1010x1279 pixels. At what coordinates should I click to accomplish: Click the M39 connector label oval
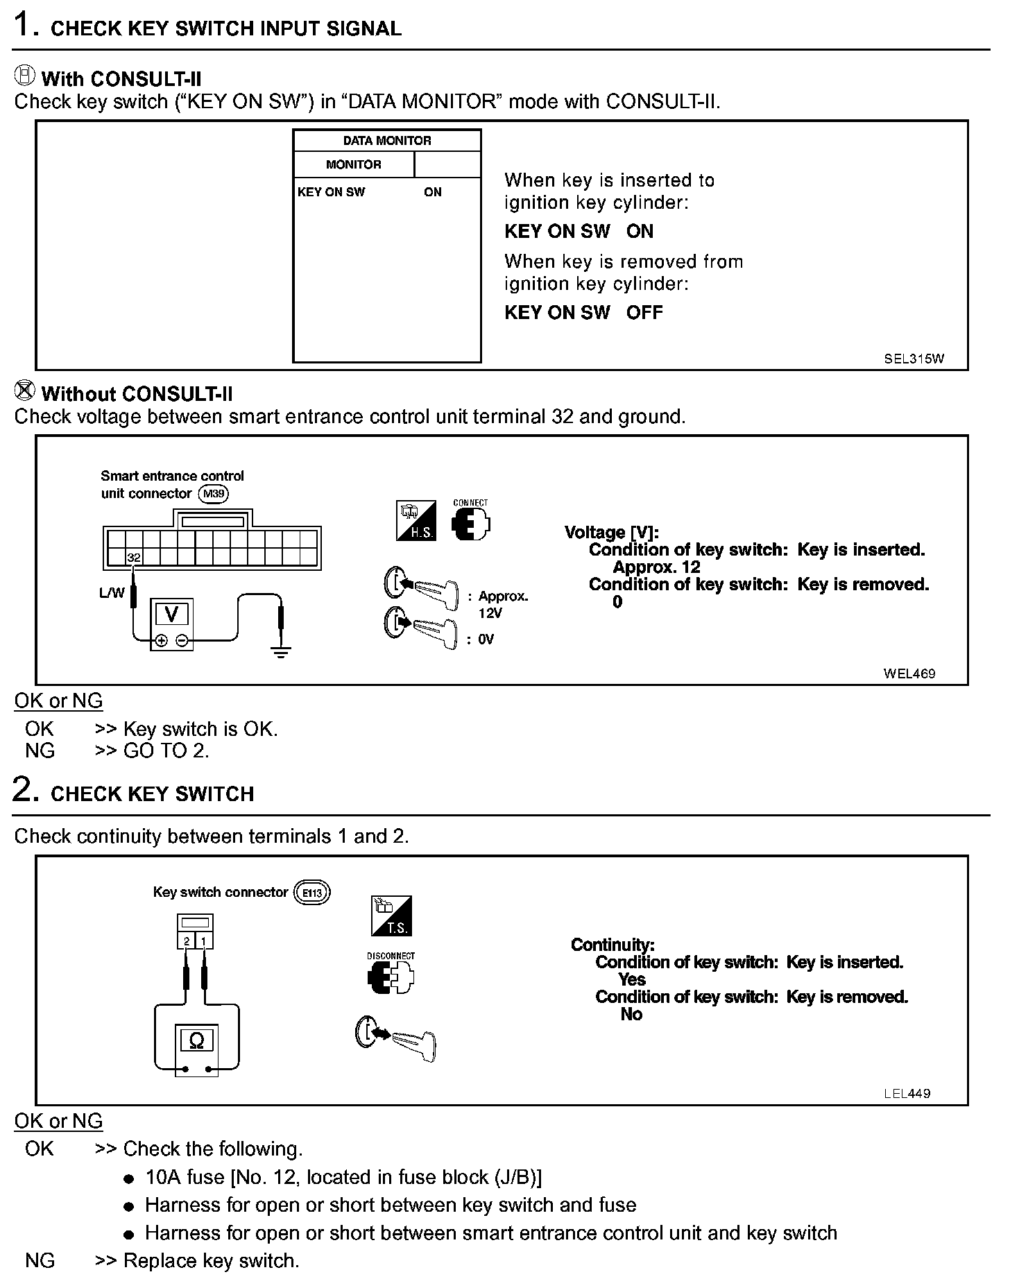(213, 494)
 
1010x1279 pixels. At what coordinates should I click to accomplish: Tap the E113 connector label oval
(312, 893)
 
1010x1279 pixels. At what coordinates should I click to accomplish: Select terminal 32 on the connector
(134, 557)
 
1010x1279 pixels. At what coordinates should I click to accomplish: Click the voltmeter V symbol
(171, 615)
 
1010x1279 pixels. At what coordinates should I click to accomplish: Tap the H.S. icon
(416, 520)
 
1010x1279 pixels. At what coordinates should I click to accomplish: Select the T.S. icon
(392, 916)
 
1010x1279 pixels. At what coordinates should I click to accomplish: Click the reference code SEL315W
(914, 359)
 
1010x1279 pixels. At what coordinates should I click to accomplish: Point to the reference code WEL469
(909, 673)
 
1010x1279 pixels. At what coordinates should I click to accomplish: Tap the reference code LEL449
(907, 1093)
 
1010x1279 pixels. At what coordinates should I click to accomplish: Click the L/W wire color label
(112, 593)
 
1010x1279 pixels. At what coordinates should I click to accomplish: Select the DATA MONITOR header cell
(387, 141)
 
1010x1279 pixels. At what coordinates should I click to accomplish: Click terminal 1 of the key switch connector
(205, 941)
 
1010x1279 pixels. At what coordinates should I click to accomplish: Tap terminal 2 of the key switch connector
(187, 941)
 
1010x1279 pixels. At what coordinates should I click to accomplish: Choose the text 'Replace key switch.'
(211, 1260)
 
